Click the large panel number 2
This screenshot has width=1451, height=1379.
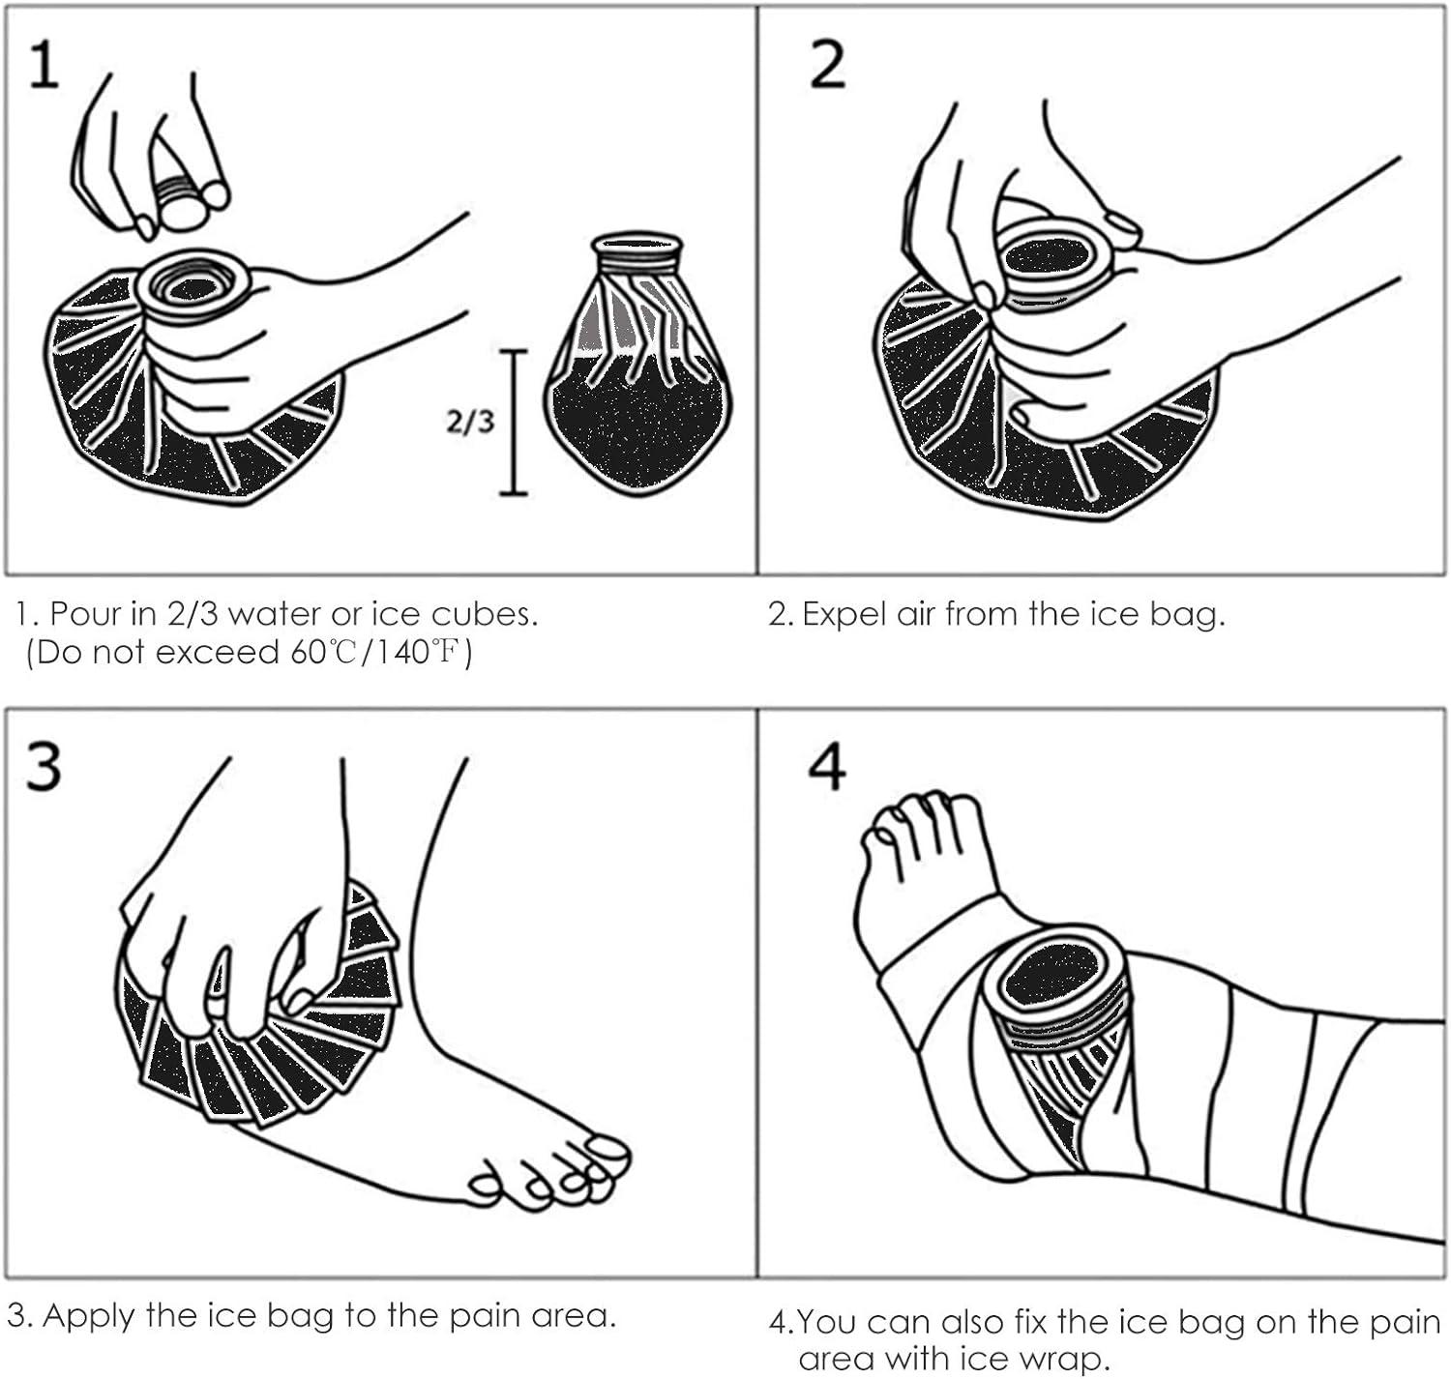point(827,66)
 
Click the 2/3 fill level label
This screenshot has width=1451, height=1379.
point(469,422)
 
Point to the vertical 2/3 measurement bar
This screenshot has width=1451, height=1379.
point(513,422)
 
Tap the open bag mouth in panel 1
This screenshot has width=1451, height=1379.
point(193,285)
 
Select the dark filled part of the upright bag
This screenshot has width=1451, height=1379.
point(637,425)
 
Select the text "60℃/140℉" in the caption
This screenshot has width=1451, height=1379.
point(377,653)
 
